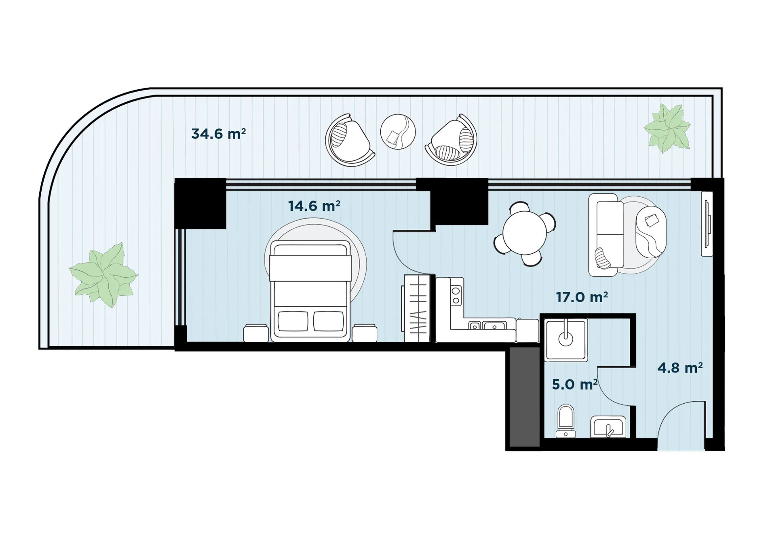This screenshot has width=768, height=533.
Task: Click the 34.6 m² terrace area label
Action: [x=218, y=133]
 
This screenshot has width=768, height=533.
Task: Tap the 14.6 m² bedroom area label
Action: [x=314, y=206]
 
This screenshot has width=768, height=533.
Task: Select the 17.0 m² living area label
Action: [x=582, y=297]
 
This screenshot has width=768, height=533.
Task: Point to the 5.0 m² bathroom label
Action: [x=574, y=384]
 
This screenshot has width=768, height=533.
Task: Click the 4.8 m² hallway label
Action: [x=680, y=367]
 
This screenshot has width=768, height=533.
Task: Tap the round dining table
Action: [x=524, y=234]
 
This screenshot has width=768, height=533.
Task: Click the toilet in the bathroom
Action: [x=565, y=421]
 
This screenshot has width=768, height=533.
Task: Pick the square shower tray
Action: [x=565, y=339]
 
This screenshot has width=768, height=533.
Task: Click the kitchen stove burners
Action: [x=456, y=295]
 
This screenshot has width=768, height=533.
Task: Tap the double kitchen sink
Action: [x=487, y=325]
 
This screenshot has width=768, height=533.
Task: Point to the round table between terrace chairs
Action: [x=398, y=132]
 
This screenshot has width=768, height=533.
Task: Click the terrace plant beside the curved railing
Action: [x=104, y=275]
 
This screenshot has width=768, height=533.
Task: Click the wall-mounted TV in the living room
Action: [x=707, y=223]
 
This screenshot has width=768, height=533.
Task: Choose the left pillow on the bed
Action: [x=293, y=321]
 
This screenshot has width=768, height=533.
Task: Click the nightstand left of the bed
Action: [x=256, y=333]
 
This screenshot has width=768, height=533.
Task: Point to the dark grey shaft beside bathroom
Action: [x=524, y=397]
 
